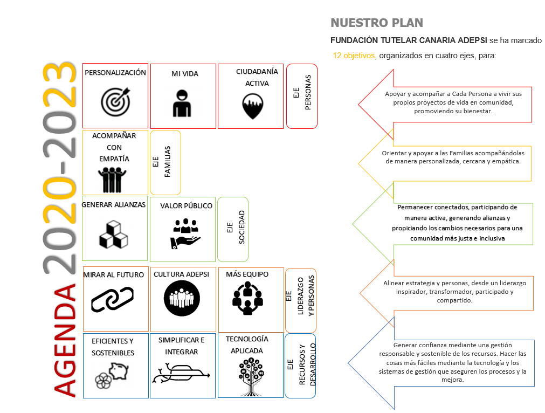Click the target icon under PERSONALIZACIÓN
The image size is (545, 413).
[x=116, y=101]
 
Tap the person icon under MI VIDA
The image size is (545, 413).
[x=182, y=104]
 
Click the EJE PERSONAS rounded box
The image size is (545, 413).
[x=302, y=96]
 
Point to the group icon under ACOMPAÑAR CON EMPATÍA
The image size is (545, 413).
[x=112, y=180]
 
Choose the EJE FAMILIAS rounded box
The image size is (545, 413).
[x=165, y=162]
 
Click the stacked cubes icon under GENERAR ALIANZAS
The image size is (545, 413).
[x=113, y=235]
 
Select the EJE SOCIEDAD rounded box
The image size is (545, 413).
[x=233, y=230]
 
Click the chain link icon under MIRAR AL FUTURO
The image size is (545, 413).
[x=112, y=299]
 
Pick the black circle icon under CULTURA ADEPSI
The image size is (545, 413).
[x=182, y=298]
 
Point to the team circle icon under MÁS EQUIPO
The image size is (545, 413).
[x=247, y=298]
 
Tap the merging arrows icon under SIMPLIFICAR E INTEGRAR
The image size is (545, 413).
[x=181, y=373]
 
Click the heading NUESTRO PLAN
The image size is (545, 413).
[x=377, y=23]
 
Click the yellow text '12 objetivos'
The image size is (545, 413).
[x=354, y=56]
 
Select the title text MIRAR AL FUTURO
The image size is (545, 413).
[x=114, y=274]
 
